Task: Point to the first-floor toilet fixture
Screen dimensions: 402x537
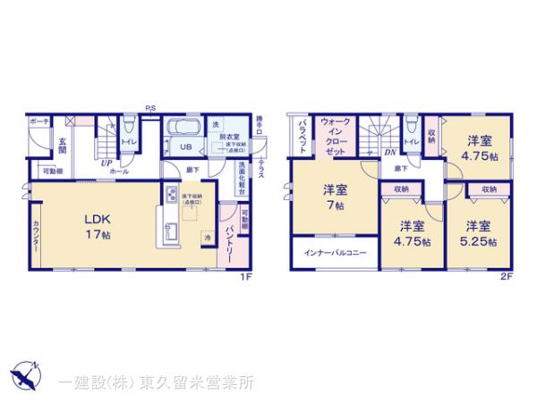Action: [x=128, y=129]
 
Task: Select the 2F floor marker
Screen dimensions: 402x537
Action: [x=506, y=277]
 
